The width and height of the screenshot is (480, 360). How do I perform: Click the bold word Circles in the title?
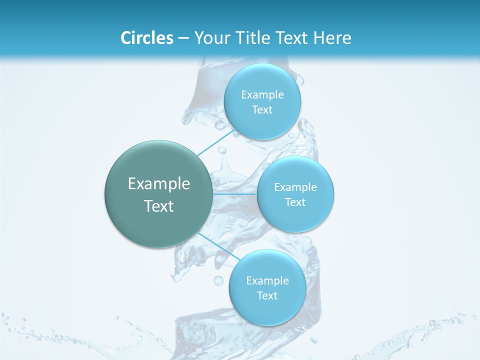[x=147, y=38]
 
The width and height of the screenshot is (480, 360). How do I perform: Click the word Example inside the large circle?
[x=159, y=184]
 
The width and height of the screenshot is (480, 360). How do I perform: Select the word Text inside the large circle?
[x=159, y=206]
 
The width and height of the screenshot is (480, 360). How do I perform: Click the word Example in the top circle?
[x=262, y=95]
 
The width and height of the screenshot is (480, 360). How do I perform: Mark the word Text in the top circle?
[x=262, y=110]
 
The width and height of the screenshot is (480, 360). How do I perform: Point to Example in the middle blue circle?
[x=295, y=187]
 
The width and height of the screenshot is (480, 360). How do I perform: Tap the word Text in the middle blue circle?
[x=295, y=202]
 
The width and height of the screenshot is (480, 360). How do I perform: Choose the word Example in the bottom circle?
[x=267, y=281]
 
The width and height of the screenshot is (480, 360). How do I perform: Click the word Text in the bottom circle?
[x=267, y=296]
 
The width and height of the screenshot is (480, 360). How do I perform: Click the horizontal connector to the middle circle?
[x=235, y=193]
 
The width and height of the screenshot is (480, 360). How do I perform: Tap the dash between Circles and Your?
[x=183, y=38]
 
